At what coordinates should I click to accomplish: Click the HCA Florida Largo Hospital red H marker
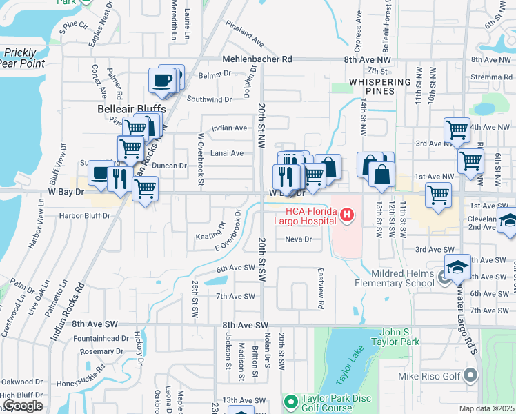(x=347, y=216)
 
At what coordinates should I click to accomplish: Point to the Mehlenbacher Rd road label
(x=257, y=60)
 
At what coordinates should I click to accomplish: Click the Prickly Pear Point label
(x=23, y=58)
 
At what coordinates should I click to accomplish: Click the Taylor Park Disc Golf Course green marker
(x=290, y=400)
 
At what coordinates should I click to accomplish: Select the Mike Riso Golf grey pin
(x=471, y=376)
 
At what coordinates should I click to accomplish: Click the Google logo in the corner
(x=22, y=406)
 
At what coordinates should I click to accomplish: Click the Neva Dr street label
(x=299, y=239)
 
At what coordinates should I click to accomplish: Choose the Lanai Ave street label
(x=228, y=153)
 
